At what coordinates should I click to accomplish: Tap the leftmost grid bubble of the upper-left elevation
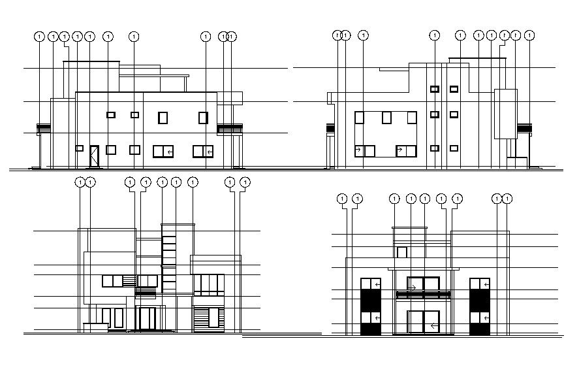click(x=40, y=37)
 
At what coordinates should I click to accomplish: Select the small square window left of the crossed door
click(x=79, y=148)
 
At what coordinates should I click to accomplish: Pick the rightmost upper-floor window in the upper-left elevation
click(x=204, y=118)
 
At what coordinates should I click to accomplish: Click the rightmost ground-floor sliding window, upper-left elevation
click(x=203, y=151)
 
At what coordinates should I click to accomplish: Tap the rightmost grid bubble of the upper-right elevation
click(x=529, y=35)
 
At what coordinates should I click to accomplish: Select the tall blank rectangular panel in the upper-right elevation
click(x=505, y=114)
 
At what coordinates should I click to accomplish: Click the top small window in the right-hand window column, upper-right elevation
click(x=454, y=89)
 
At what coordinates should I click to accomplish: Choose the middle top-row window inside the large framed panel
click(x=386, y=118)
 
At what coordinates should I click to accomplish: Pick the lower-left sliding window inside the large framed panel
click(x=364, y=151)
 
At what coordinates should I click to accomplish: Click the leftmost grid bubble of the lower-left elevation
click(x=80, y=182)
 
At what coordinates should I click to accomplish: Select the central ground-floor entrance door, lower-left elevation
click(x=146, y=318)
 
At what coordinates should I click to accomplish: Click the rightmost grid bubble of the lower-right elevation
click(x=507, y=198)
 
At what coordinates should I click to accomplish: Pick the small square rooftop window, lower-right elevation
click(x=402, y=252)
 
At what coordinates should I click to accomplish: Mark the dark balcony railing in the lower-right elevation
click(x=423, y=295)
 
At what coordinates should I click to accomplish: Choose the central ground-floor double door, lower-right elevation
click(x=424, y=323)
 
